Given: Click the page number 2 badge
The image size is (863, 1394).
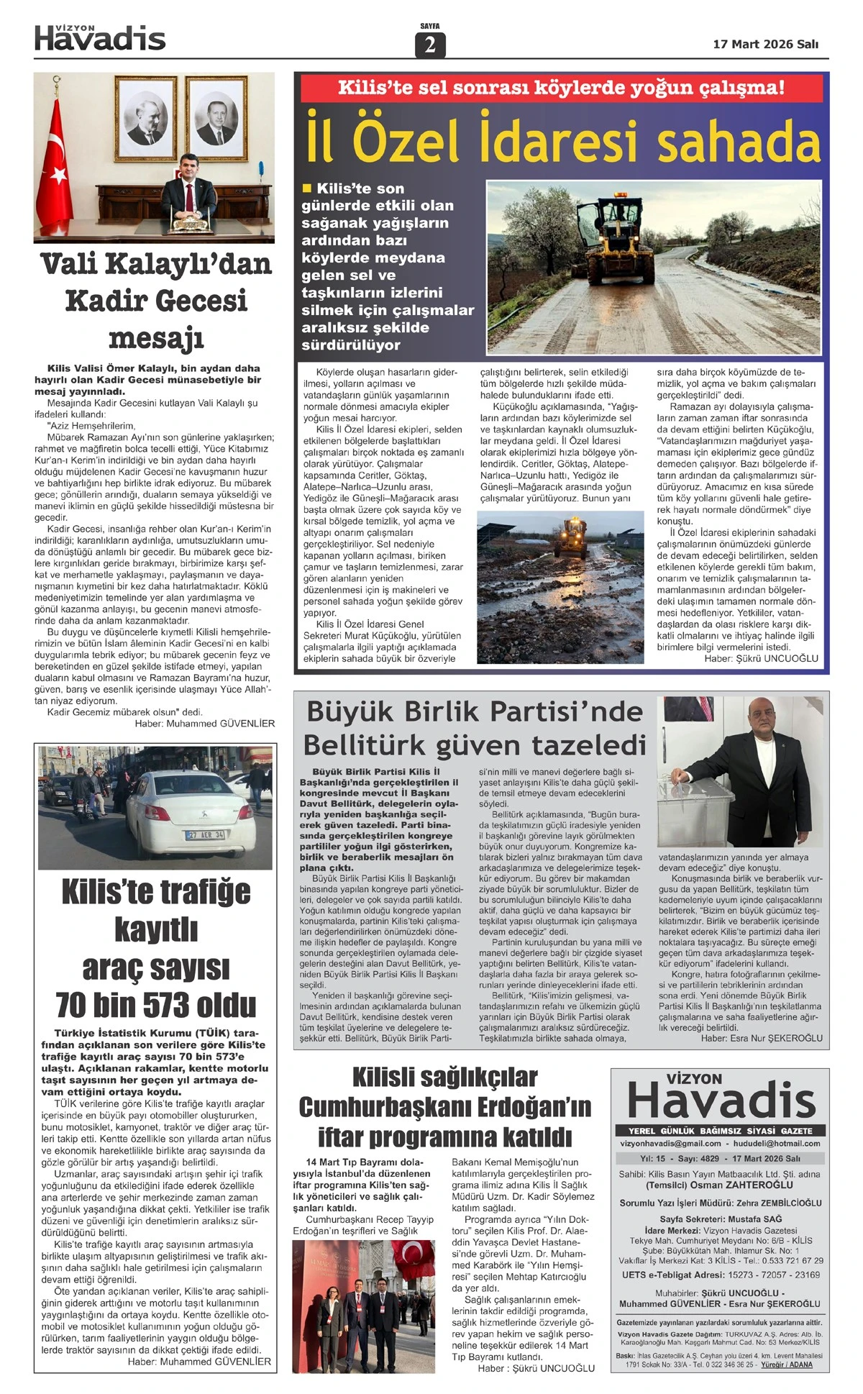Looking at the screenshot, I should (x=430, y=45).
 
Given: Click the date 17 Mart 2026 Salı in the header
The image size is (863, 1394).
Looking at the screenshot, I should (x=765, y=45).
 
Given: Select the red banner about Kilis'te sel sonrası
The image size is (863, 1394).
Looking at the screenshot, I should (x=561, y=88).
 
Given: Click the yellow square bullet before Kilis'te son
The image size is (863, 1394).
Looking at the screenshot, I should (x=307, y=188).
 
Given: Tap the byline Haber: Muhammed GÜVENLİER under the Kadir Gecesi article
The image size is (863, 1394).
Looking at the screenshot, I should (x=204, y=724).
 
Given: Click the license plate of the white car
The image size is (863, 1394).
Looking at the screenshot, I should (x=205, y=834).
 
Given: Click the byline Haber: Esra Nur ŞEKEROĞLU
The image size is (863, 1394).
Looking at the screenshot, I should (x=762, y=1038).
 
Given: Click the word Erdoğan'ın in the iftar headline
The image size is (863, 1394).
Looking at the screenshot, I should (x=524, y=1107).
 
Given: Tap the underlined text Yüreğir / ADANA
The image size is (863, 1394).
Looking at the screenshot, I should (x=786, y=1365).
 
